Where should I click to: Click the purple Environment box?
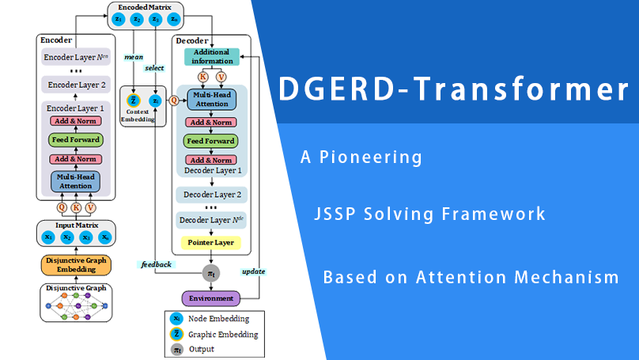pyautogui.click(x=210, y=298)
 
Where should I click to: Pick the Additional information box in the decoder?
pyautogui.click(x=211, y=57)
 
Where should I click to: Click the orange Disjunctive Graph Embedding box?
pyautogui.click(x=76, y=265)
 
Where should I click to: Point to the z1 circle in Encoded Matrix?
pyautogui.click(x=118, y=18)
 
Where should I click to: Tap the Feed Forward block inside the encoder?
pyautogui.click(x=76, y=140)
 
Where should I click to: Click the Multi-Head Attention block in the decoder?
pyautogui.click(x=210, y=100)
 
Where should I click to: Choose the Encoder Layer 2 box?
pyautogui.click(x=76, y=85)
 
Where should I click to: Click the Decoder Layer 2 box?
pyautogui.click(x=210, y=194)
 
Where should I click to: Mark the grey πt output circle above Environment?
pyautogui.click(x=210, y=273)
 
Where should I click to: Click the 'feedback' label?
pyautogui.click(x=157, y=263)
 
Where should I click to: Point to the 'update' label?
pyautogui.click(x=253, y=271)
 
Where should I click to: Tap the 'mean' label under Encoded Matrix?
pyautogui.click(x=134, y=57)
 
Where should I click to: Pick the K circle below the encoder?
pyautogui.click(x=76, y=207)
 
